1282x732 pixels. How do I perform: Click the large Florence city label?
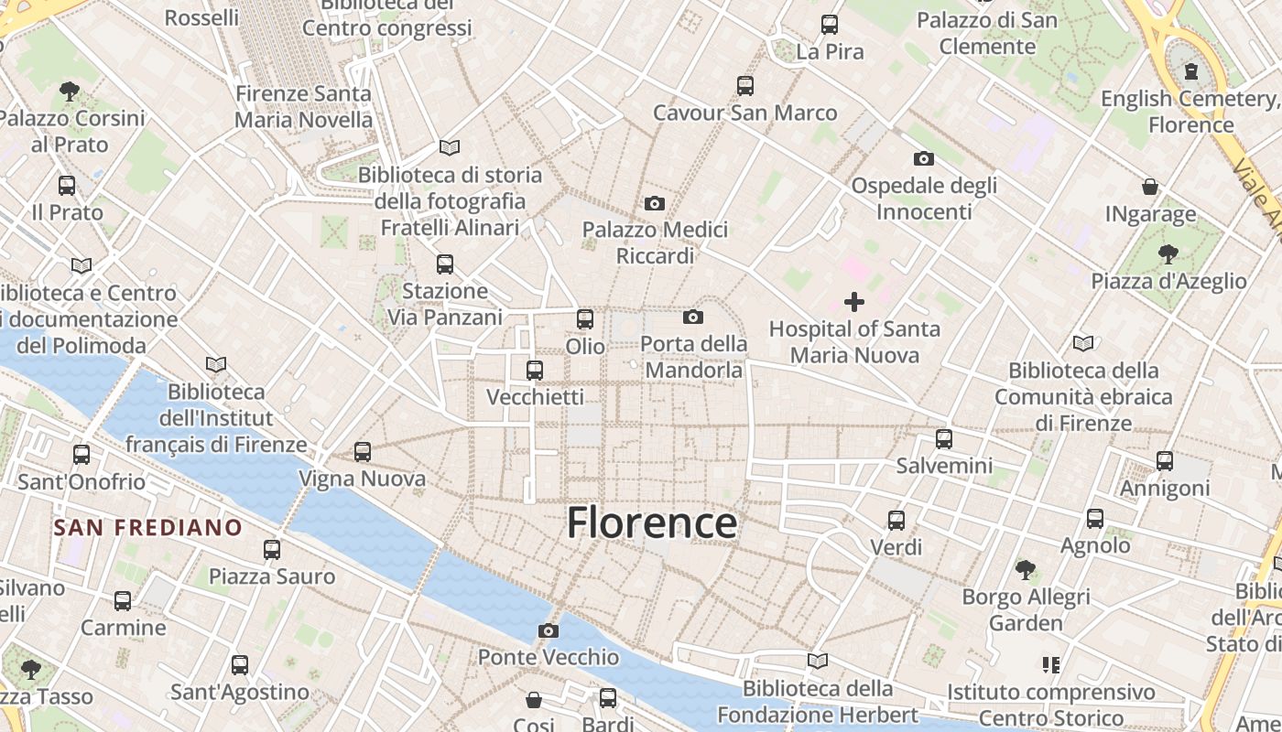tap(651, 523)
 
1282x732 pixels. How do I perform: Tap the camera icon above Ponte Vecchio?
tap(549, 631)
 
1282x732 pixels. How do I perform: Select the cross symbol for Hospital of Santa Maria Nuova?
tap(854, 301)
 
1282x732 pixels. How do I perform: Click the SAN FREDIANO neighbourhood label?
tap(147, 528)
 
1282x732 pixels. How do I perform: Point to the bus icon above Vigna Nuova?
tap(363, 452)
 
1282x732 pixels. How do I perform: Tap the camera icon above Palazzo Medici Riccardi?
tap(655, 203)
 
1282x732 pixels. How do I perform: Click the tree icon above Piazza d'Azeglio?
tap(1168, 253)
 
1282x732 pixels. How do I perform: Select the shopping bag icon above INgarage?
tap(1150, 188)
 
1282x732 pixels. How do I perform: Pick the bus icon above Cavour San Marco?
tap(745, 86)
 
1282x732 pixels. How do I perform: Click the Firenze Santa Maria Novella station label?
tap(304, 106)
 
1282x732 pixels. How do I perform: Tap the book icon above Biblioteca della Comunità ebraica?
tap(1083, 343)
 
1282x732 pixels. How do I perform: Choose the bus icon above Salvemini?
tap(944, 439)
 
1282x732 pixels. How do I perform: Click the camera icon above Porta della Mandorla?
tap(693, 318)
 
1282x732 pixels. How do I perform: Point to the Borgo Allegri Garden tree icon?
tap(1026, 570)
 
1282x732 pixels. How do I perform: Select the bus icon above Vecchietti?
tap(535, 371)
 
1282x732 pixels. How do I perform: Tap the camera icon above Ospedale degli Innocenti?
tap(924, 159)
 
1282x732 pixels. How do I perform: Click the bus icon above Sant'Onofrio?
tap(81, 455)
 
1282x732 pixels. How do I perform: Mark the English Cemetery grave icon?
tap(1191, 70)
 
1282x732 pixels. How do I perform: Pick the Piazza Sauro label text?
tap(272, 576)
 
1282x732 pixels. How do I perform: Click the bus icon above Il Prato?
tap(67, 186)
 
